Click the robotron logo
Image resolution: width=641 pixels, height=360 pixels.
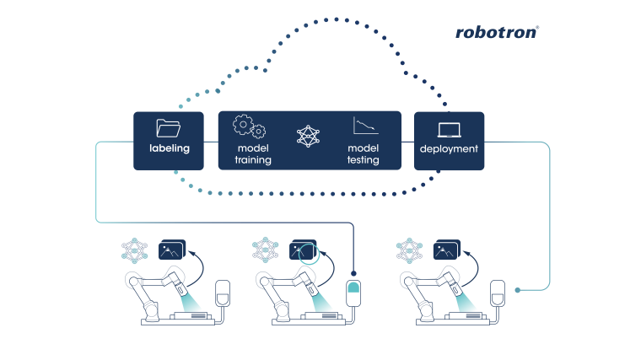point(497,32)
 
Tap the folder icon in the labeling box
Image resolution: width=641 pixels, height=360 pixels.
point(169,128)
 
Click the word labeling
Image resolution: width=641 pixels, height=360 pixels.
point(169,148)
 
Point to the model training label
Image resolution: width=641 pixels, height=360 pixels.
point(253,153)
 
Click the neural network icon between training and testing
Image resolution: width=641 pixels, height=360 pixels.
point(309,136)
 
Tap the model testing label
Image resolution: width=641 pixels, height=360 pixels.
point(364,153)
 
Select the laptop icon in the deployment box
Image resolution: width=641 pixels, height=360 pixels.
point(449,130)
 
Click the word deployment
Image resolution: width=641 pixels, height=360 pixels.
point(449,149)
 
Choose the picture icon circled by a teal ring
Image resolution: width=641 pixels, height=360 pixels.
point(302,250)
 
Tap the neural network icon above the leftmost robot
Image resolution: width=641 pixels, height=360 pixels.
point(134,250)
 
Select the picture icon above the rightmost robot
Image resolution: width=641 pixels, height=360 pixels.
point(445,250)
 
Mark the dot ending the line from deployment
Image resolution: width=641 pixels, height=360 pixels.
point(518,289)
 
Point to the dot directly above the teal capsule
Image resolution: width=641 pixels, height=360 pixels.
point(354,274)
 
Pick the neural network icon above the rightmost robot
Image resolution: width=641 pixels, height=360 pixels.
point(409,250)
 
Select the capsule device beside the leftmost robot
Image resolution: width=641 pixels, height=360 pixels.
point(223,294)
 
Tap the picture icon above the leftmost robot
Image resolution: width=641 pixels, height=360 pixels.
point(171,250)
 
